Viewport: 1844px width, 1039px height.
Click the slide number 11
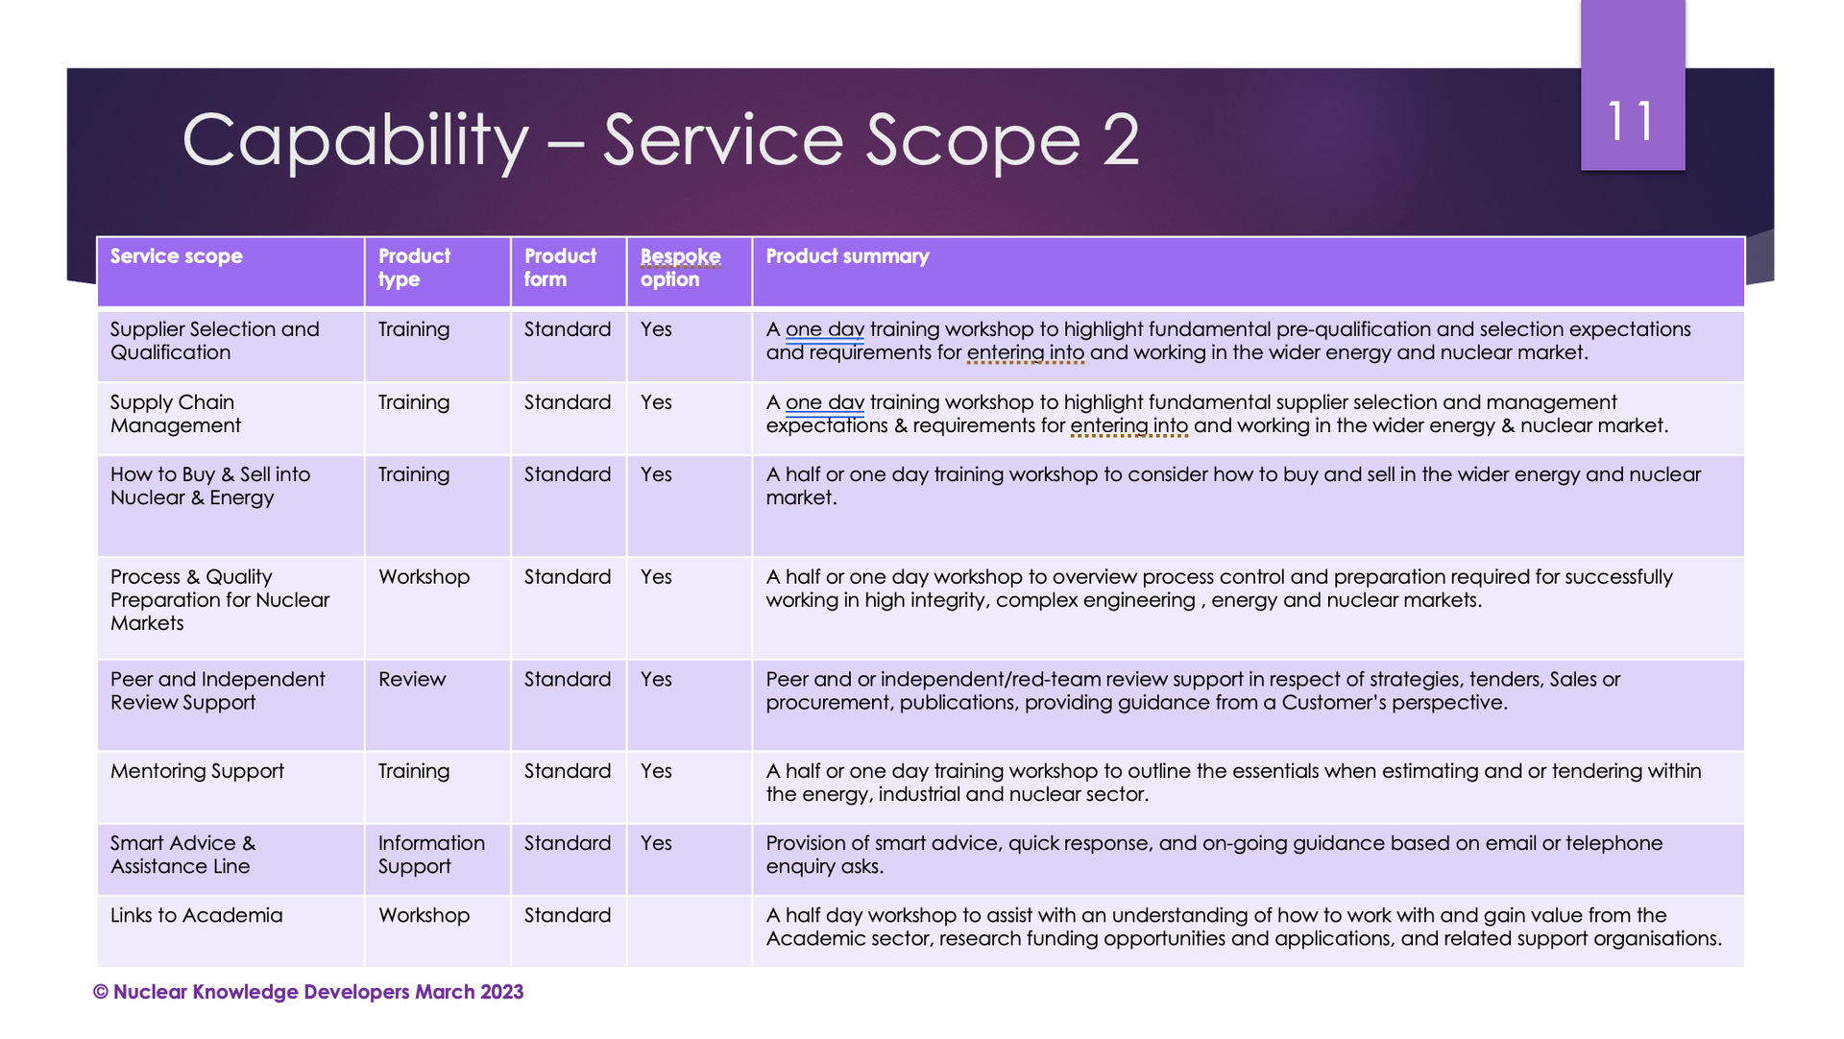coord(1631,122)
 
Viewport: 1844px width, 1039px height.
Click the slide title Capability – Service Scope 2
coord(661,140)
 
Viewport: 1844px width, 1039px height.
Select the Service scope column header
coord(177,256)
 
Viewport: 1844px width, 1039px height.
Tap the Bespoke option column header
coord(680,268)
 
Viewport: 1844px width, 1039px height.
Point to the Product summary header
coord(847,256)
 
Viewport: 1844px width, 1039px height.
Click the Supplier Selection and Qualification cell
coord(215,341)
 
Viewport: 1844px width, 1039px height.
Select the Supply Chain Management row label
coord(176,414)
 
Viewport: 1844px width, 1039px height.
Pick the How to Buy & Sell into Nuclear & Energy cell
coord(210,486)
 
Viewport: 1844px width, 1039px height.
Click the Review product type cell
coord(412,680)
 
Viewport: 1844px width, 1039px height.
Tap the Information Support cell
coord(431,855)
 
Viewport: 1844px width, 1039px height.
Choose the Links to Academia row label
coord(197,915)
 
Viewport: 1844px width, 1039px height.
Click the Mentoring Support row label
coord(197,771)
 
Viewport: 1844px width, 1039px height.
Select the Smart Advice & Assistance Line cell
coord(182,855)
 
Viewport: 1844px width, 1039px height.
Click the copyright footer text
coord(308,992)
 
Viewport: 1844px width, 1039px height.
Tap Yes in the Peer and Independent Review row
coord(656,680)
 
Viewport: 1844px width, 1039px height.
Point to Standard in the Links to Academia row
coord(568,915)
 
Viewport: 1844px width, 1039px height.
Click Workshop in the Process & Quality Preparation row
coord(424,577)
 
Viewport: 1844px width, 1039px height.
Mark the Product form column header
coord(560,268)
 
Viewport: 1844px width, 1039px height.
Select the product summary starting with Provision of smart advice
coord(1214,855)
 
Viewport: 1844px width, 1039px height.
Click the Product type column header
coord(414,268)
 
